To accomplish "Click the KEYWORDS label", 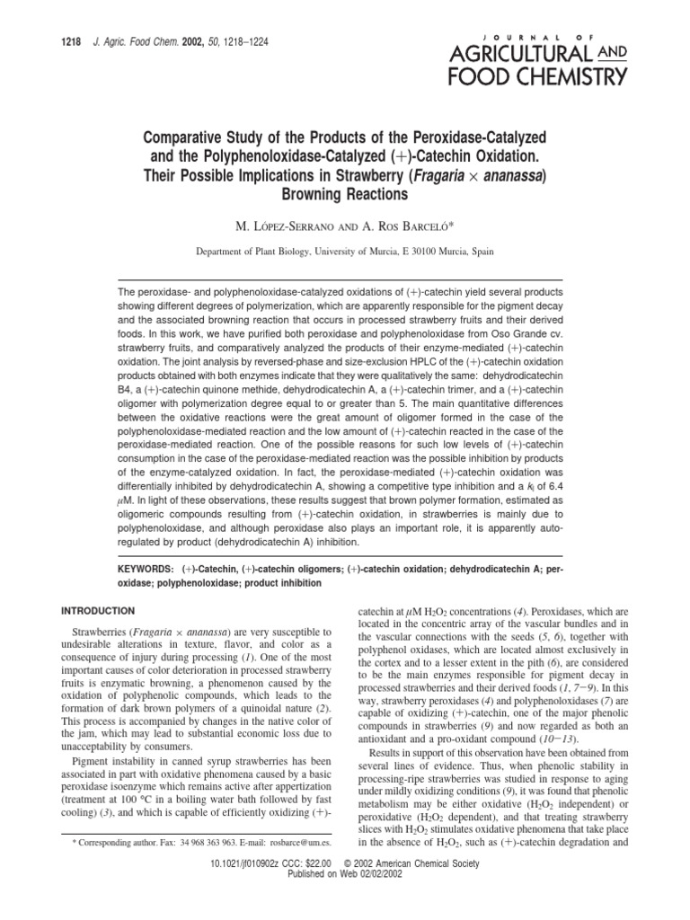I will pyautogui.click(x=147, y=570).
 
